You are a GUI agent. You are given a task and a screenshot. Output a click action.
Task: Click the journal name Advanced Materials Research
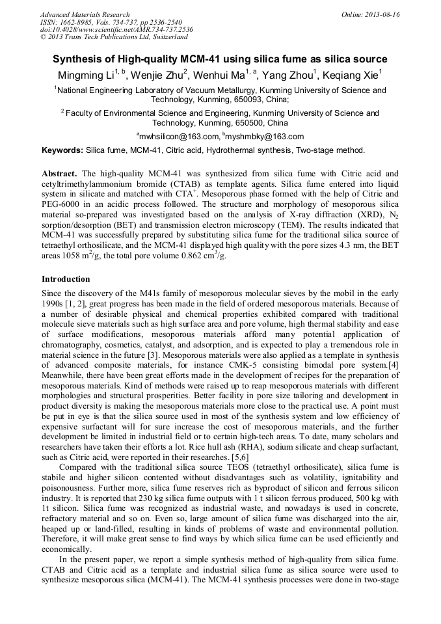pos(85,14)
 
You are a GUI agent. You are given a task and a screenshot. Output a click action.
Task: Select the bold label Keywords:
pos(62,150)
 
